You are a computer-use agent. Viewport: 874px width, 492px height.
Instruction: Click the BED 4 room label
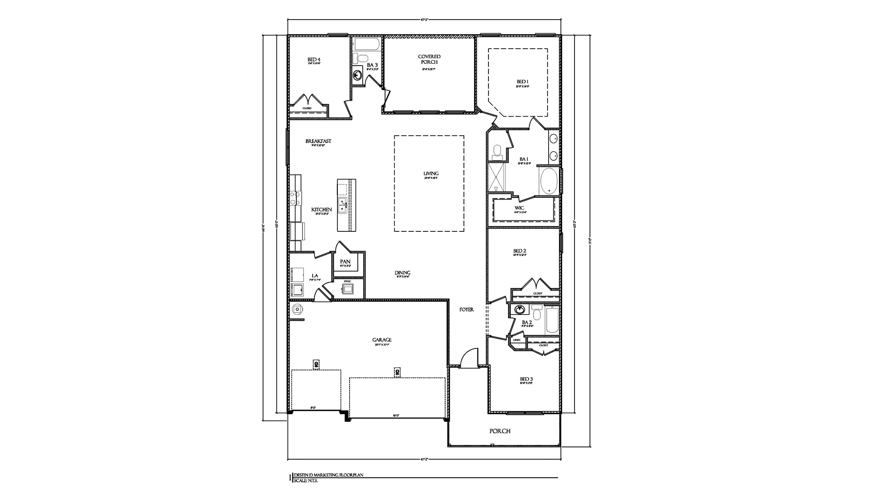coord(314,60)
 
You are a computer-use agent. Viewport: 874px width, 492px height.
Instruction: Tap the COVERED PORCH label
coord(429,59)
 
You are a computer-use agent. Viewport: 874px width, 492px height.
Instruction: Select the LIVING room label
coord(431,174)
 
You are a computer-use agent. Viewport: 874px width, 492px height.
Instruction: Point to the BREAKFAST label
coord(318,141)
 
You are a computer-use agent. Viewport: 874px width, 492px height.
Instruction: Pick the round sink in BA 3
coord(358,76)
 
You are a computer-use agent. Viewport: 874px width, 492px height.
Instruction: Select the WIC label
coord(519,208)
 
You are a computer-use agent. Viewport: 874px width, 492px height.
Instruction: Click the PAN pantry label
coord(345,261)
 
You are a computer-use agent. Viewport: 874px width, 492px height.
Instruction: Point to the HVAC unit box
coord(348,289)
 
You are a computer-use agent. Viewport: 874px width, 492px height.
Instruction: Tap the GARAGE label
coord(381,340)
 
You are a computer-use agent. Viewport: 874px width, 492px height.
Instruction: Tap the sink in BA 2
coord(519,310)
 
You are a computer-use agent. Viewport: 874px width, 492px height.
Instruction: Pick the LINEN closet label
coord(517,340)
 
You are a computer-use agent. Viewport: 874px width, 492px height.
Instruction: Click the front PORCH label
coord(499,431)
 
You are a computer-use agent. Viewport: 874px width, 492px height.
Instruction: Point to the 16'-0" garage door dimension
coord(396,415)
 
